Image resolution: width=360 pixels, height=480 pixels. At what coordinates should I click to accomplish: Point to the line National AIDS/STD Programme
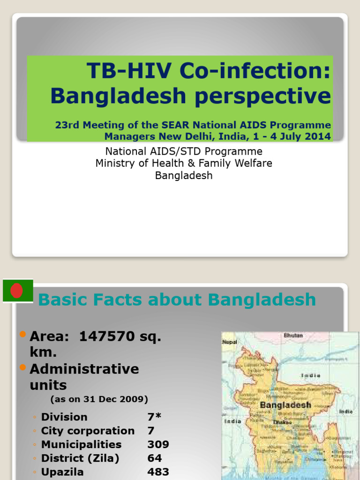[x=184, y=151]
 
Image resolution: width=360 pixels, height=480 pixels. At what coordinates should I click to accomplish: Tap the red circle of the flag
[x=17, y=291]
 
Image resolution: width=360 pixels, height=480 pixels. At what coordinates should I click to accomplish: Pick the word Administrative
[x=84, y=369]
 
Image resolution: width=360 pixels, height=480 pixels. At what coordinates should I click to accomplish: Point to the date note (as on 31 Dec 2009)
[x=99, y=399]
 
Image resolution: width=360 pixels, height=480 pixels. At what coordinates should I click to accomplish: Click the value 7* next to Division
[x=154, y=417]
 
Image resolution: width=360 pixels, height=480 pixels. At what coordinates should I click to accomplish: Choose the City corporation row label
[x=88, y=431]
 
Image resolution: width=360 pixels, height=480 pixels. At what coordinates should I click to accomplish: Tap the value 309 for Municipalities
[x=158, y=444]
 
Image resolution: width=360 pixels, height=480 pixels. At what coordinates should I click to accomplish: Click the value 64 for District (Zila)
[x=154, y=458]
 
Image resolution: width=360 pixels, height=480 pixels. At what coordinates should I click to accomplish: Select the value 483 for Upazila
[x=158, y=472]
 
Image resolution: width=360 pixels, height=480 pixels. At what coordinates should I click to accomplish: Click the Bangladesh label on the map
[x=285, y=405]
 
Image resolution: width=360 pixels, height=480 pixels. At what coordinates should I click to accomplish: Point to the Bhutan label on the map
[x=293, y=336]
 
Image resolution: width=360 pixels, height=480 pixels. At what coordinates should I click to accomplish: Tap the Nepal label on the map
[x=229, y=343]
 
